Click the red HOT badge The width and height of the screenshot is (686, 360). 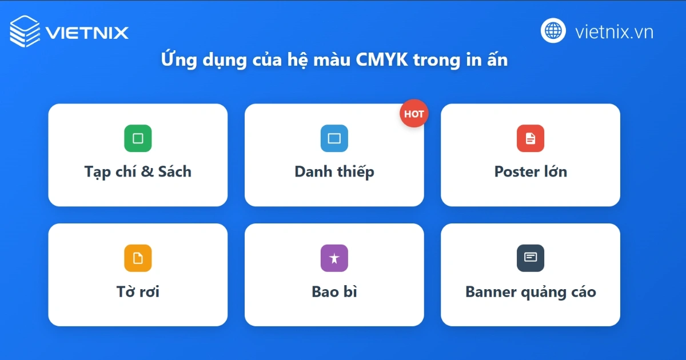pyautogui.click(x=414, y=113)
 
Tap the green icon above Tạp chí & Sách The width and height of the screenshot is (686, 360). pyautogui.click(x=138, y=138)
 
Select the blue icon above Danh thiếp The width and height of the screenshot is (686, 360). pyautogui.click(x=334, y=138)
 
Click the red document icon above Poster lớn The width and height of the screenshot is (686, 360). pyautogui.click(x=531, y=138)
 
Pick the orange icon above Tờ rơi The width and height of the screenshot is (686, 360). pyautogui.click(x=138, y=258)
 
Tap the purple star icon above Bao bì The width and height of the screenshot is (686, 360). pyautogui.click(x=334, y=258)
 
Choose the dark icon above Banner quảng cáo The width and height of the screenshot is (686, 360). pyautogui.click(x=531, y=258)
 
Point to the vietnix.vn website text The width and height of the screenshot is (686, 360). pyautogui.click(x=614, y=31)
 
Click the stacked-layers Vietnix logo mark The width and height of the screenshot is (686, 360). pyautogui.click(x=25, y=31)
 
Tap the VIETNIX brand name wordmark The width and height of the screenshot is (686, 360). pyautogui.click(x=87, y=33)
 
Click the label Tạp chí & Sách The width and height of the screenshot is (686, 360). pyautogui.click(x=138, y=171)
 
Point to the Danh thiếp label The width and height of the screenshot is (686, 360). pyautogui.click(x=334, y=171)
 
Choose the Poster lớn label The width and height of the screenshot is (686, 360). pyautogui.click(x=531, y=171)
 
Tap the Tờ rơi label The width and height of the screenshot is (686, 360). pyautogui.click(x=138, y=291)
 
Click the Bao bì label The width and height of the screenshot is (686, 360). pyautogui.click(x=334, y=291)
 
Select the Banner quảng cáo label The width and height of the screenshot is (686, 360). pyautogui.click(x=531, y=292)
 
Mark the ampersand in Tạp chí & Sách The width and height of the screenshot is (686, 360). pyautogui.click(x=147, y=171)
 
